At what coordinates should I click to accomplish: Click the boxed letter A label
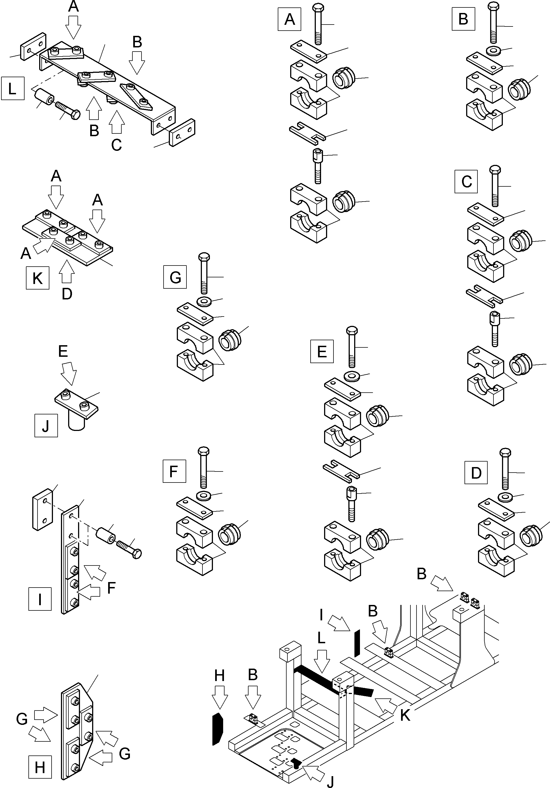(289, 20)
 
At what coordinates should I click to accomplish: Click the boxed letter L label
(12, 89)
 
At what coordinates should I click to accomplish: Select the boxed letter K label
(38, 278)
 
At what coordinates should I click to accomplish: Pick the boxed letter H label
(40, 767)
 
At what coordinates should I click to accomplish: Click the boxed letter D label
(476, 473)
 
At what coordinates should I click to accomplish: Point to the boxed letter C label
(466, 181)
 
